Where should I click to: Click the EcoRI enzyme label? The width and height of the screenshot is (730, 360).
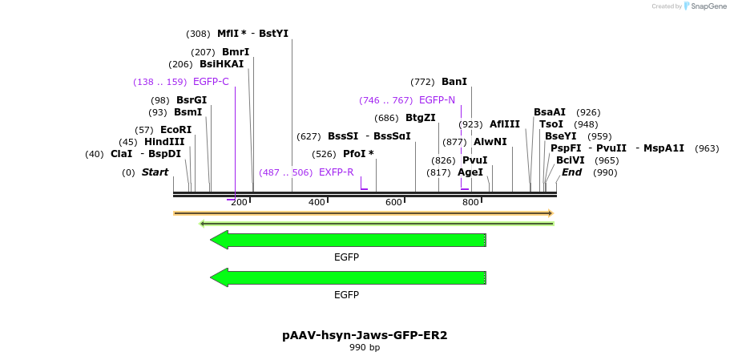pos(175,130)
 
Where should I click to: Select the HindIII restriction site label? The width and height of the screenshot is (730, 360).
pos(164,142)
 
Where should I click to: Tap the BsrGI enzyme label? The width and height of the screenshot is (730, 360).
pos(192,100)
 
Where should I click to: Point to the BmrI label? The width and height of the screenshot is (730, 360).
pos(236,52)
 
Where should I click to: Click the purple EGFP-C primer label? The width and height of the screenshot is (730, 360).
pos(211,82)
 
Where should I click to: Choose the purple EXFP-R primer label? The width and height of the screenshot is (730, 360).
pos(336,172)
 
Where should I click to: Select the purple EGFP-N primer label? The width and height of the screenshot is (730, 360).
pos(437,100)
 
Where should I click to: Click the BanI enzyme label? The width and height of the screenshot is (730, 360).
pos(454,82)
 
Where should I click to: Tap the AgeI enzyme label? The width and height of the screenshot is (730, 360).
pos(470,172)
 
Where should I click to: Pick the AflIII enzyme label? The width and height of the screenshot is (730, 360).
pos(505,124)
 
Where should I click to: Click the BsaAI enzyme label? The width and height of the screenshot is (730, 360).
pos(550,112)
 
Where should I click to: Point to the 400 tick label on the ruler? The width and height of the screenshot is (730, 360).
pos(317,202)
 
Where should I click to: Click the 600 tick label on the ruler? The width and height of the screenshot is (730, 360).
pos(393,202)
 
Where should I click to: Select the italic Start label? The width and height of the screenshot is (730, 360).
pos(155,172)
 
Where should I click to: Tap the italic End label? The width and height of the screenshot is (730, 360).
pos(571,172)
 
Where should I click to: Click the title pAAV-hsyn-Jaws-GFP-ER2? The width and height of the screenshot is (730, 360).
pos(365,335)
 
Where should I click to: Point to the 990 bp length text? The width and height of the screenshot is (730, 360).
pos(365,348)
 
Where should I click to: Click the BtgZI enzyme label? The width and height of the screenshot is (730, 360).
pos(420,118)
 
